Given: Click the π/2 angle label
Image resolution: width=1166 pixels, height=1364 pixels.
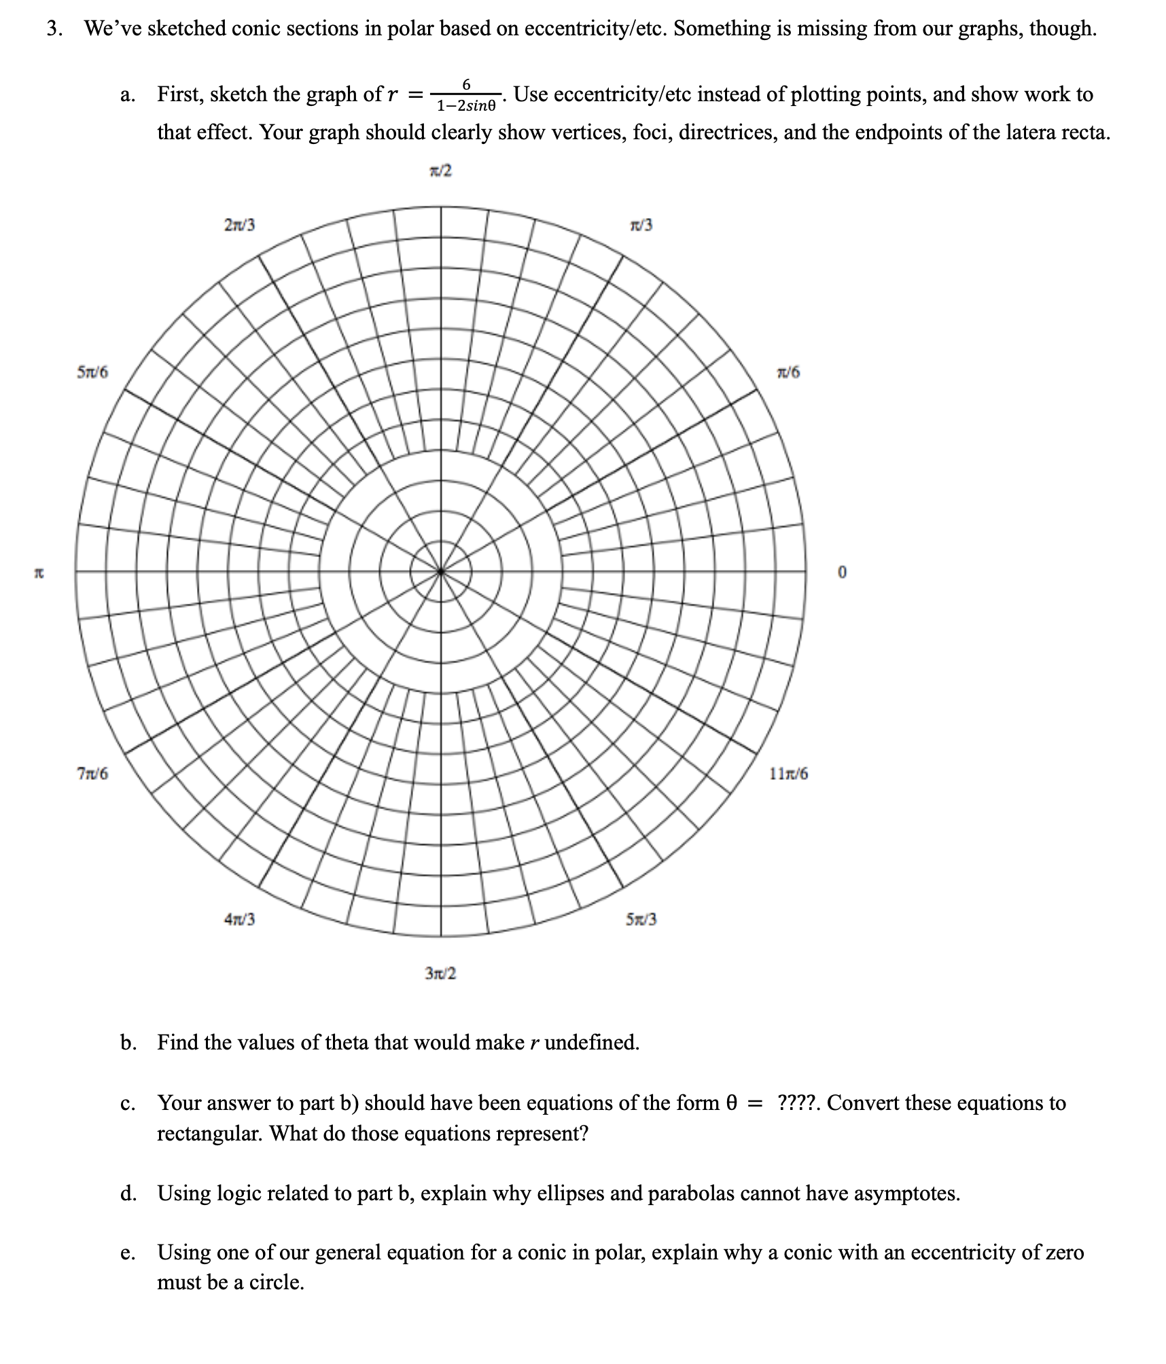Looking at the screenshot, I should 440,171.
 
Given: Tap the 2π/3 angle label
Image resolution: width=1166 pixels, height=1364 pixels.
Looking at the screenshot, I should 239,225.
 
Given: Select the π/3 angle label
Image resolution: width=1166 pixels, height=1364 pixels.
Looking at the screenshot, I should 641,225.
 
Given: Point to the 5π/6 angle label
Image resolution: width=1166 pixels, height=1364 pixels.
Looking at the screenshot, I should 92,372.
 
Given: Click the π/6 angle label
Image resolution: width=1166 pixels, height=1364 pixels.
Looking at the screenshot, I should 788,372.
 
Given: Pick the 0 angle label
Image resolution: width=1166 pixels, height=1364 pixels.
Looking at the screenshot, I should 843,573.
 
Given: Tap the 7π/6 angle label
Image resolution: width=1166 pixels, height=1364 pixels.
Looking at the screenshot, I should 92,774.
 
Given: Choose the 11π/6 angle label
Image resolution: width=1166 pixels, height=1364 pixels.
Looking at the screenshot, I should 789,774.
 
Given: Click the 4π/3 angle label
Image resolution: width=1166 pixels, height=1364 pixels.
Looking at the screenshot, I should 239,920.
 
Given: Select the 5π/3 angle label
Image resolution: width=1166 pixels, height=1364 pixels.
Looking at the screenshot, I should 641,920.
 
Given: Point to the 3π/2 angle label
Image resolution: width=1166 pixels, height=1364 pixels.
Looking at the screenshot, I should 440,973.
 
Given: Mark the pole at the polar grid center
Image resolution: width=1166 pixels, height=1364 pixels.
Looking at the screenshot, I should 441,571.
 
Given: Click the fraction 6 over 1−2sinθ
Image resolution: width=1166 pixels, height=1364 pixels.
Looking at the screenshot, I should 467,95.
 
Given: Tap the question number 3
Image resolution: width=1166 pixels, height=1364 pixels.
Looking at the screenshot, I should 53,29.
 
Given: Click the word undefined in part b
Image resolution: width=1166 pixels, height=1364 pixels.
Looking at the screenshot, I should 591,1042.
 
